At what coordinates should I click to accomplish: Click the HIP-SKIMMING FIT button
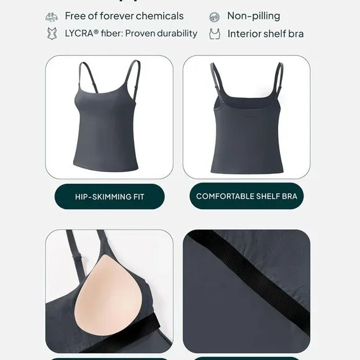(109, 196)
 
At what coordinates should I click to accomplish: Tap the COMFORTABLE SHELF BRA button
(246, 196)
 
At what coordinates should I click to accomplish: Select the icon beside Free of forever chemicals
(52, 16)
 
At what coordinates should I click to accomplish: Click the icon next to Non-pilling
(215, 17)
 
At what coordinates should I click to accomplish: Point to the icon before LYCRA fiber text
(52, 34)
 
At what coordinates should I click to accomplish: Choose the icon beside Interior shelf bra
(215, 34)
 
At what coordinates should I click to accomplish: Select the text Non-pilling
(253, 16)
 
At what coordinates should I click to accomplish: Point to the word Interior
(246, 34)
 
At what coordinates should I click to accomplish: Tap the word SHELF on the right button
(256, 196)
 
